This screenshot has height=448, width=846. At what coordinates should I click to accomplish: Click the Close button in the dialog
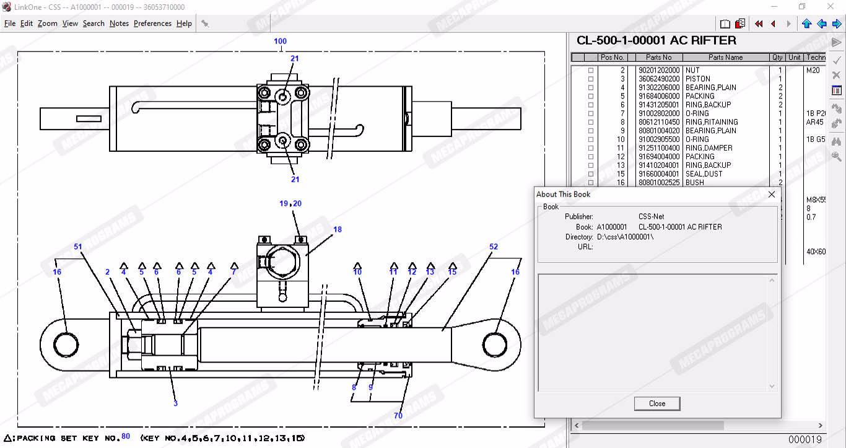657,403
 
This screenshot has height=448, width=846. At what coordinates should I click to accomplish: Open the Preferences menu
152,24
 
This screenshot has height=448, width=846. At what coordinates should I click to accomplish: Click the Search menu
94,24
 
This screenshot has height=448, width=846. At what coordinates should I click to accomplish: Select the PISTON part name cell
698,79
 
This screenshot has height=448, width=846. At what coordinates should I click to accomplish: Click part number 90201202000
659,70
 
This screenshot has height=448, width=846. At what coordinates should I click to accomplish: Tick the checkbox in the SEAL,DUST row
591,174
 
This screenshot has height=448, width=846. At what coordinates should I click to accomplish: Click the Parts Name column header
725,58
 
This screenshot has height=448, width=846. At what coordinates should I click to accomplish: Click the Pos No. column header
612,58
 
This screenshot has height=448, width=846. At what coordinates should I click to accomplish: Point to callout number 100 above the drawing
281,42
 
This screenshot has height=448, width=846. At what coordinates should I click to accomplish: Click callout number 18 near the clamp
338,229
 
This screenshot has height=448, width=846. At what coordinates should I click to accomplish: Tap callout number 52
494,247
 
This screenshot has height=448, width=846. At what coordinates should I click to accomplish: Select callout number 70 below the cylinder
398,416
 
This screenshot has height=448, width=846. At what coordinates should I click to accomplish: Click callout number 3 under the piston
175,403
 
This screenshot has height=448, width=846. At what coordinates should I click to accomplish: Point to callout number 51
78,247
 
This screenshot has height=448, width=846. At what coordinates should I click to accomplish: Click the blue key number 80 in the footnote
126,436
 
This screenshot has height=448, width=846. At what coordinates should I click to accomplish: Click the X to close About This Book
772,194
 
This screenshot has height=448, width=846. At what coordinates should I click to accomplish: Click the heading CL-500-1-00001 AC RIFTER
656,41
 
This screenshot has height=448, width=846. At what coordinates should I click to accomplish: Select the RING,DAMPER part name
709,148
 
